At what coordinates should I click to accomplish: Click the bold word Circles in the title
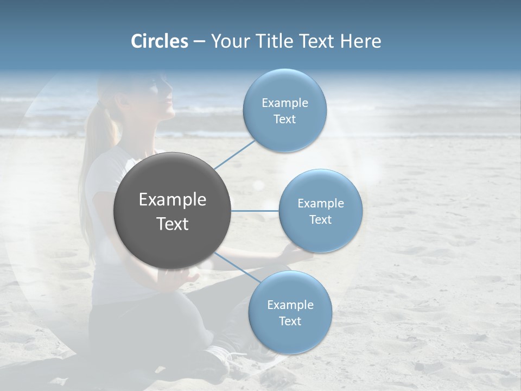click(160, 41)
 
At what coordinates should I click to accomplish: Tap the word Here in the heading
click(360, 41)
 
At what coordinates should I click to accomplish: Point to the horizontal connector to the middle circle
click(255, 211)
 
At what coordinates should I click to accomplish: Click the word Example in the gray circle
click(173, 200)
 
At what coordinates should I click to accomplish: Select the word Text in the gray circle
click(173, 224)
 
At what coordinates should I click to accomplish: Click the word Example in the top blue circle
click(285, 103)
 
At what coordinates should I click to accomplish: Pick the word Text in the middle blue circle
click(321, 220)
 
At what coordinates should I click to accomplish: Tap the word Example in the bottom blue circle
click(290, 305)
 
